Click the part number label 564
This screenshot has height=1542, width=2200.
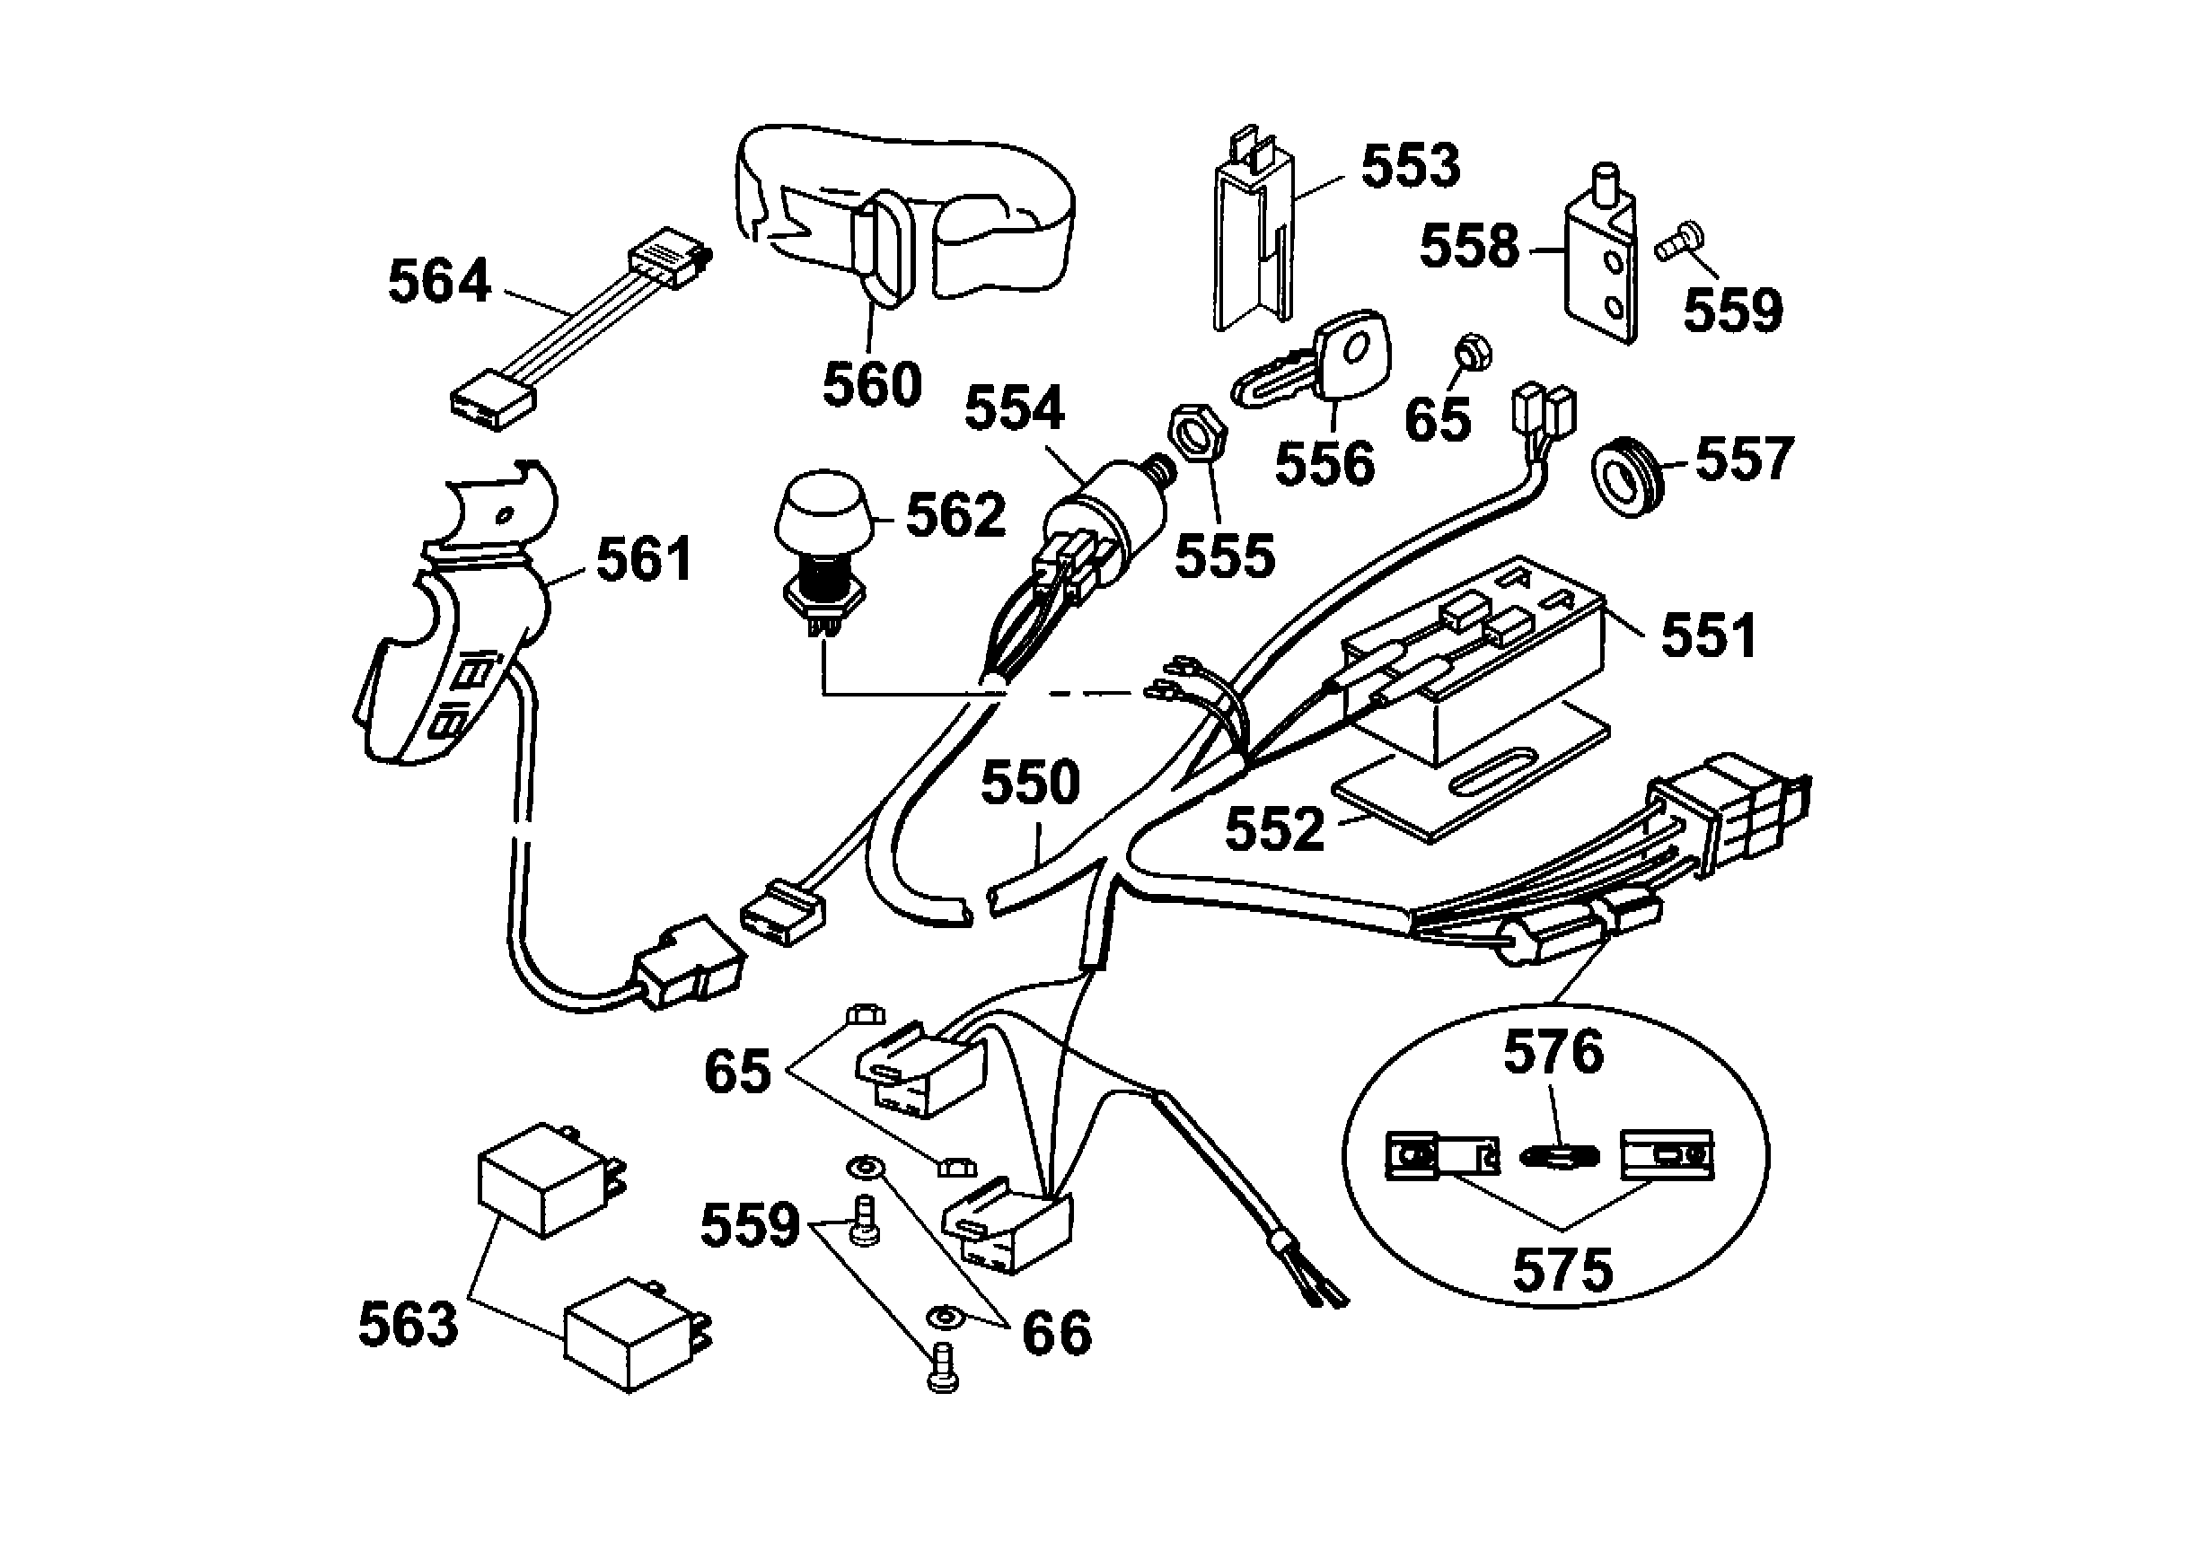(x=439, y=282)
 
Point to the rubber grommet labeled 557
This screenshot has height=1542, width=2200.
(x=1627, y=475)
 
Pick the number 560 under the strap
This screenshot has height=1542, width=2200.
(x=871, y=384)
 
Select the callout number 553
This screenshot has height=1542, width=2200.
(x=1410, y=166)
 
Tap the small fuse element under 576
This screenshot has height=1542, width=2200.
(x=1560, y=1157)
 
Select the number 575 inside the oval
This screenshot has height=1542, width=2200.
(x=1562, y=1270)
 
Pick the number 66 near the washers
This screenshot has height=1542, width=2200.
(x=1056, y=1332)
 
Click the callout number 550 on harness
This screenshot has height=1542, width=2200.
(x=1030, y=783)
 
